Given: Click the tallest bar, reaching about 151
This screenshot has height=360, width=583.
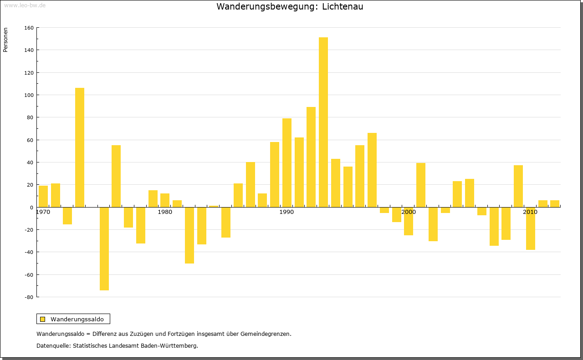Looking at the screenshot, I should pos(323,122).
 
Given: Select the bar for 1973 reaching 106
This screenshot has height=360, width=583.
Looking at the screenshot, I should pos(80,147).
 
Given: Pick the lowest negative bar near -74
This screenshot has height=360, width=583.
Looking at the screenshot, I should pos(104,248).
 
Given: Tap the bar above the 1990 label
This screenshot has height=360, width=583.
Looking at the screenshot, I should pos(287,162).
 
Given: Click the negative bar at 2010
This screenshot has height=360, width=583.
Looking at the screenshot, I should pos(531,228).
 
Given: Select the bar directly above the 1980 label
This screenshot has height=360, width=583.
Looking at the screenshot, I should pos(165,200).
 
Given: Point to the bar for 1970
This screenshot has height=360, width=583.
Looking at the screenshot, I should pos(43,196).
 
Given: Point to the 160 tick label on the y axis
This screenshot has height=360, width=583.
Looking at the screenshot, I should pos(29,28).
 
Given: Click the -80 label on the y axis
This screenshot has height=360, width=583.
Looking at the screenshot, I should pos(29,297).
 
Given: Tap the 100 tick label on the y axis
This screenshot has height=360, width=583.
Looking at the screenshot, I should pos(29,95).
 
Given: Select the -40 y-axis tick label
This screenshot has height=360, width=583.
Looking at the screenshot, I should pos(29,252).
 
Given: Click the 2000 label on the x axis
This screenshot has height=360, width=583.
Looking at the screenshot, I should pos(409,212).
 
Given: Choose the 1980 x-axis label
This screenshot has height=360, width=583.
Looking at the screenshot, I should pos(165,212).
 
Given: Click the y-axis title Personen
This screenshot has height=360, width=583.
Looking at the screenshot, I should pos(5,40).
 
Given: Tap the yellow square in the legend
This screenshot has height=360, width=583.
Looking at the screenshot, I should pos(42,319).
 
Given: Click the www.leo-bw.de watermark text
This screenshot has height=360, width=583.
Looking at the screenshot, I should pos(25,5).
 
